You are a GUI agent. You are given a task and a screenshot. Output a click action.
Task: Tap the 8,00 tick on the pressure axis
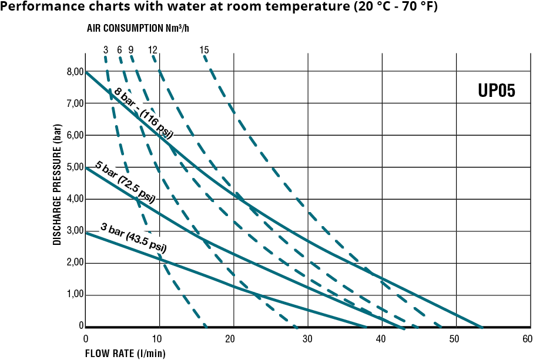click(75, 72)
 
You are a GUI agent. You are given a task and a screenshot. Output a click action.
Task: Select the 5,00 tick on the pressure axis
click(75, 167)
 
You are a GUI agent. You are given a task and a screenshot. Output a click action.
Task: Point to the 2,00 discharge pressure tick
click(75, 263)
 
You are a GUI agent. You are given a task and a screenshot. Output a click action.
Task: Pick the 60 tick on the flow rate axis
click(527, 339)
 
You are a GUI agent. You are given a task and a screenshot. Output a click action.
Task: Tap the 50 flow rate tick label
click(454, 339)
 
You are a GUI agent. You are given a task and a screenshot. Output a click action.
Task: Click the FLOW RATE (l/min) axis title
click(125, 354)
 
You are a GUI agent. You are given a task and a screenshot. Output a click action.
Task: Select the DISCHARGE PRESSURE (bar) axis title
click(58, 184)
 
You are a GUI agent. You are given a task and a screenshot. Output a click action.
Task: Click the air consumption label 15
click(204, 50)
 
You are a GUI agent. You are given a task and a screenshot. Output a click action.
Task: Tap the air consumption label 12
click(153, 50)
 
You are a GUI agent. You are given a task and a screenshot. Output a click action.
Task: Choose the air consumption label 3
click(105, 50)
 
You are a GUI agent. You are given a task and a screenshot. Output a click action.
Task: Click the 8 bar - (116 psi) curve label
click(143, 112)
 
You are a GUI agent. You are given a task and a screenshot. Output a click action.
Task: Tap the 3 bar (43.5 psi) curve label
click(133, 237)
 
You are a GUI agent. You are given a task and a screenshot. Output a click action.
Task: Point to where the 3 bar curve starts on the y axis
click(86, 233)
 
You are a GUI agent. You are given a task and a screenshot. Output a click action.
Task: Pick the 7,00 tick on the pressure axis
click(75, 103)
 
